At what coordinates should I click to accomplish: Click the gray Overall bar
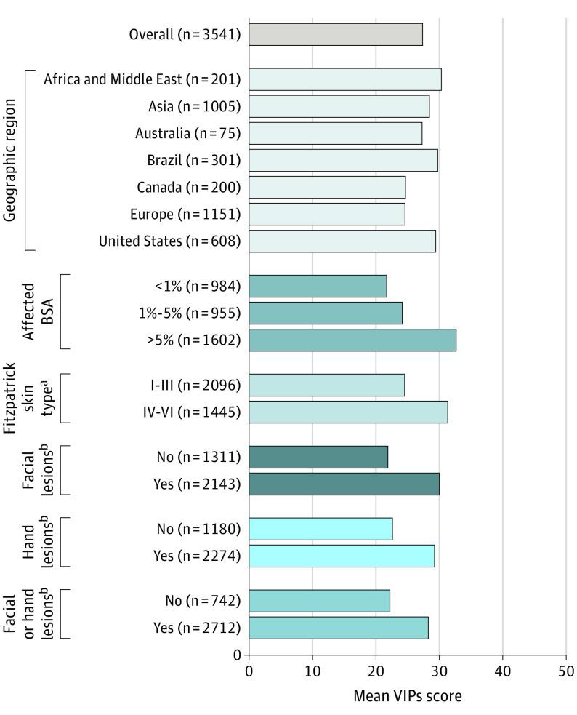[x=336, y=34]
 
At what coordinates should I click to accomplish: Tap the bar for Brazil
[x=343, y=160]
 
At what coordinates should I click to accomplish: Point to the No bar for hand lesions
[x=320, y=529]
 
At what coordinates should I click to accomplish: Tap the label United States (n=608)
[x=170, y=241]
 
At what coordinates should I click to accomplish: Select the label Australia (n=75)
[x=187, y=133]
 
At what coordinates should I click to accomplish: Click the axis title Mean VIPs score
[x=407, y=695]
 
